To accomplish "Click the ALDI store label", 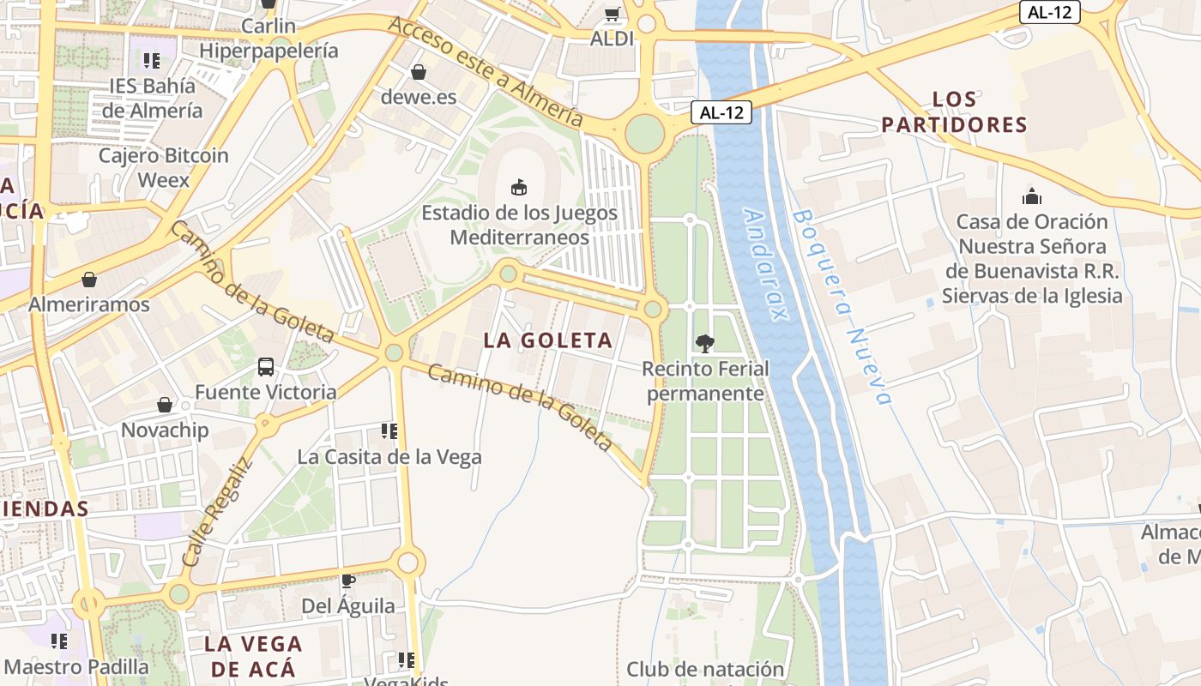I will coord(612,39).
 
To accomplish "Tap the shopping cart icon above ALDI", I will coord(612,14).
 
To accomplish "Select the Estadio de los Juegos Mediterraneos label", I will coord(519,225).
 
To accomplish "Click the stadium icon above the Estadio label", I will coord(518,186).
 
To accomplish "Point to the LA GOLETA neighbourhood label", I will coord(548,340).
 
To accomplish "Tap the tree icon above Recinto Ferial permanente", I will coord(704,344).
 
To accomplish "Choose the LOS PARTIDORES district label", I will coord(954,111).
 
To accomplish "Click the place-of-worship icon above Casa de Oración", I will coord(1032,196).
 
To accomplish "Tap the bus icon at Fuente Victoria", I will coord(266,367).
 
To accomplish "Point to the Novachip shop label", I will coord(166,430).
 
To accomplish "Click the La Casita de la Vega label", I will coord(389,457).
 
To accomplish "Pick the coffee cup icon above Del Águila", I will coord(348,581).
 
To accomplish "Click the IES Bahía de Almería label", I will coord(152,98).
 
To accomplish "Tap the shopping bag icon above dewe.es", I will coord(419,72).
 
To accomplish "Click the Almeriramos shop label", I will coord(89,304).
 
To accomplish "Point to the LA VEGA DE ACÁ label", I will coord(253,656).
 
